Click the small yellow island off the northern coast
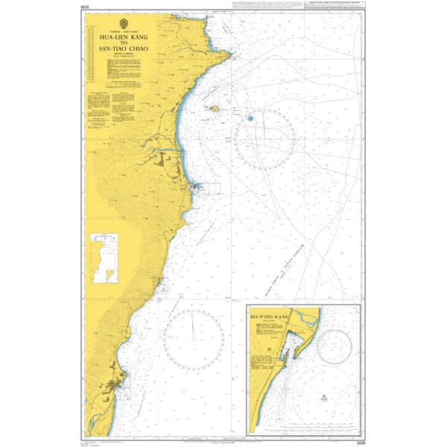(x=215, y=110)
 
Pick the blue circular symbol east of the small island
(x=250, y=117)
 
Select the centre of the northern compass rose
(x=264, y=139)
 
